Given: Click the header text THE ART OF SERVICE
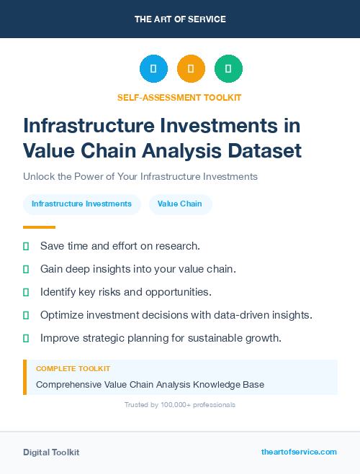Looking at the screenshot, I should coord(180,19).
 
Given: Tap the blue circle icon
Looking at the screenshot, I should coord(153,69).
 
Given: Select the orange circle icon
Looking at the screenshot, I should coord(191,69).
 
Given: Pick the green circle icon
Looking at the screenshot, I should coord(228,69).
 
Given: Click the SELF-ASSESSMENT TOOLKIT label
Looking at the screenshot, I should coord(179,97).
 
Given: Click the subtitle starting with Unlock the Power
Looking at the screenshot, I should coord(140,176).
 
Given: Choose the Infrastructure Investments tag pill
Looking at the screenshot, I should coord(81,204).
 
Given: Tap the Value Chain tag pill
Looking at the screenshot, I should coord(180,204).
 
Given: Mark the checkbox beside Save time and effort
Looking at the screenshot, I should coord(26,247).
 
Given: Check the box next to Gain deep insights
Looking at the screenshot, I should coord(26,269).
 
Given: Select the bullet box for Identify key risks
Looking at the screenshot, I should coord(26,292).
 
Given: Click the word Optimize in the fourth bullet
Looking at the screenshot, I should coord(62,315).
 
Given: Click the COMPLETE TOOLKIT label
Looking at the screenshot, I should coord(73,369).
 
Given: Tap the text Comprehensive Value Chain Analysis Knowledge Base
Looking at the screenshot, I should coord(150,385).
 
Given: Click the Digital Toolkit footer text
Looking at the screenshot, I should coord(51,452).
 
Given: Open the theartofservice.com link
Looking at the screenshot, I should coord(299,452).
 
